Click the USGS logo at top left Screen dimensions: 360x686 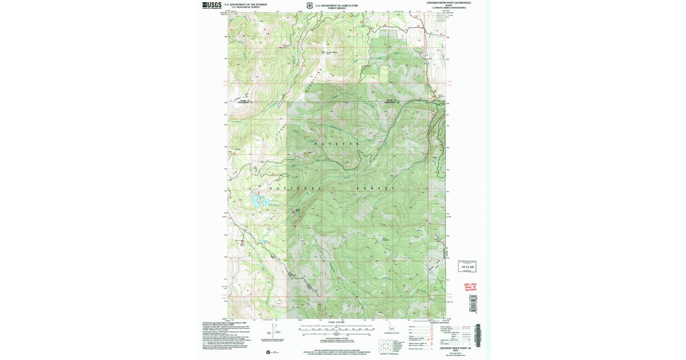click(x=211, y=5)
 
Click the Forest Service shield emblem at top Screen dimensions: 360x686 click(x=309, y=6)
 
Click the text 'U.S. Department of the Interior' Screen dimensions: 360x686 click(x=246, y=4)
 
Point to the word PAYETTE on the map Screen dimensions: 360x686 click(x=337, y=143)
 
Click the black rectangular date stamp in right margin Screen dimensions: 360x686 click(x=467, y=266)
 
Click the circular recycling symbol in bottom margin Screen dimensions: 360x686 click(x=269, y=351)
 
